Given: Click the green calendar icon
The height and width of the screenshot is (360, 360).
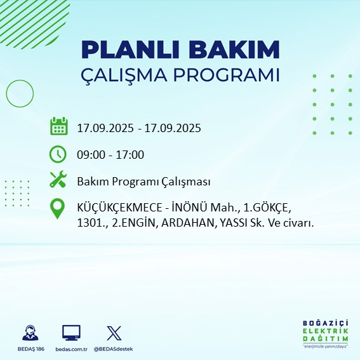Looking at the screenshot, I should [x=58, y=126].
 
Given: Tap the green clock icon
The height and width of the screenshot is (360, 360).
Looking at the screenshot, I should [x=58, y=154].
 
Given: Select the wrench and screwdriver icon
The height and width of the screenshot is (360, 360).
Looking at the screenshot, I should [x=58, y=180].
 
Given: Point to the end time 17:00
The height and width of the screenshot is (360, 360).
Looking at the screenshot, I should [x=130, y=154].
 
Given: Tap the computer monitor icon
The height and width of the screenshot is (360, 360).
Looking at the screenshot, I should [x=71, y=332].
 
